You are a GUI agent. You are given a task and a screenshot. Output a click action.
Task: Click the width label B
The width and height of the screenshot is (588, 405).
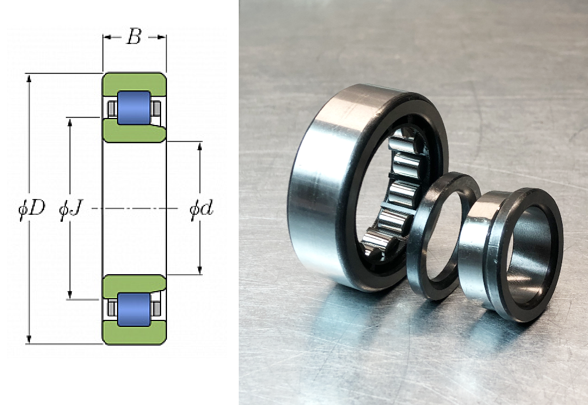pyautogui.click(x=134, y=36)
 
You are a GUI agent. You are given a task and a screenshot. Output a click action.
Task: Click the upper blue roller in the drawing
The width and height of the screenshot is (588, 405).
pyautogui.click(x=134, y=107)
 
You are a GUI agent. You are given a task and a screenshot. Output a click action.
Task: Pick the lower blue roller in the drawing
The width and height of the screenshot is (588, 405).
pyautogui.click(x=134, y=309)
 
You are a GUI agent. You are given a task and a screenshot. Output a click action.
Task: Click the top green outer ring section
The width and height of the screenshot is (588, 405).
pyautogui.click(x=135, y=83)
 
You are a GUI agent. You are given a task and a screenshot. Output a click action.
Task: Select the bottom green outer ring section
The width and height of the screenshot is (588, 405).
pyautogui.click(x=135, y=333)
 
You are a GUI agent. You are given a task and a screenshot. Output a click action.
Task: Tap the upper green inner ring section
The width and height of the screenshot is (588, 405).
pyautogui.click(x=134, y=133)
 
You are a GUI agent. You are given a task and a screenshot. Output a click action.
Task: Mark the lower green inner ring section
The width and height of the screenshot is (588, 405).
pyautogui.click(x=134, y=285)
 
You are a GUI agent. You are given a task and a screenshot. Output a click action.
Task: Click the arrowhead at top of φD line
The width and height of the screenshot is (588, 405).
pyautogui.click(x=29, y=77)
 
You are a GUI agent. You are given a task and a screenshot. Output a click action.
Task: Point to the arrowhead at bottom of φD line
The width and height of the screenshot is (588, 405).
pyautogui.click(x=29, y=339)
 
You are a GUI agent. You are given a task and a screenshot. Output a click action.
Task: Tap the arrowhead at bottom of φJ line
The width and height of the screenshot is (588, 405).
pyautogui.click(x=69, y=295)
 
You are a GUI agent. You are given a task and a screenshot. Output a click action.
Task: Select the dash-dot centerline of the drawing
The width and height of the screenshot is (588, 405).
pyautogui.click(x=135, y=208)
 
